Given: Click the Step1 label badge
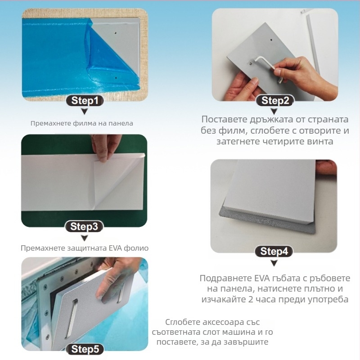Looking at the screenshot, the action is [85, 101].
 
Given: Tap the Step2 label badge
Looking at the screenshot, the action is [275, 101].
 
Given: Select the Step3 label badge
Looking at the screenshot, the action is [84, 227].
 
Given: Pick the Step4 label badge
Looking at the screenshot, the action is [274, 252].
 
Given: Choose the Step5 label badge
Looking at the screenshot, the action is [85, 349].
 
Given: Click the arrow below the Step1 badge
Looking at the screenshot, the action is [85, 111].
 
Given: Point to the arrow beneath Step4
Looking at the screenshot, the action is [274, 263].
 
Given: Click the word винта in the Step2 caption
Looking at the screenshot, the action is [320, 141].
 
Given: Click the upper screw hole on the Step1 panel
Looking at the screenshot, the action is [116, 33].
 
